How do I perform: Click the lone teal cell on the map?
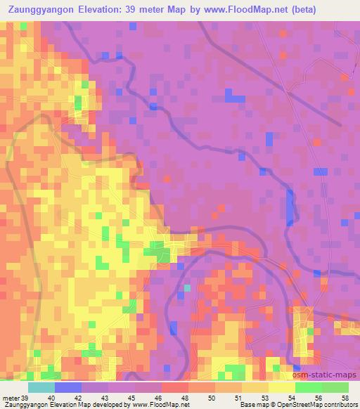pyautogui.click(x=187, y=287)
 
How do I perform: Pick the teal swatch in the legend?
pyautogui.click(x=41, y=387)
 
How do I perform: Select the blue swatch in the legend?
pyautogui.click(x=68, y=387)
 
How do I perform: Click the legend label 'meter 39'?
pyautogui.click(x=15, y=398)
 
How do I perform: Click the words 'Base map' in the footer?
pyautogui.click(x=251, y=405)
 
